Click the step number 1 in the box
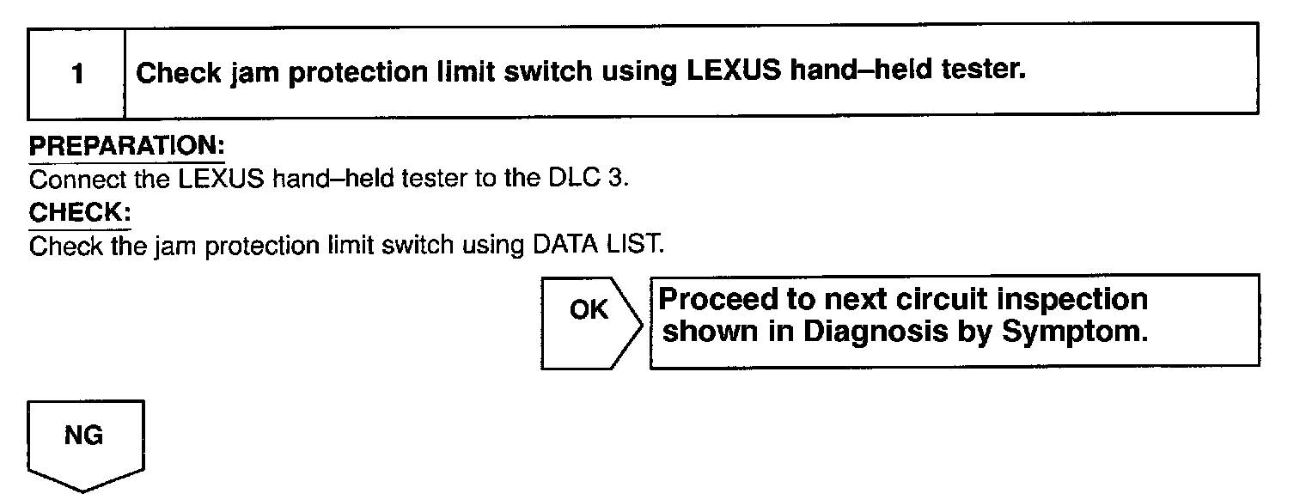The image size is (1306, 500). (x=77, y=75)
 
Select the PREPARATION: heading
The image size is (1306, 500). (x=126, y=146)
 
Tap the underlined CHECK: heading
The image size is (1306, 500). (x=79, y=211)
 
